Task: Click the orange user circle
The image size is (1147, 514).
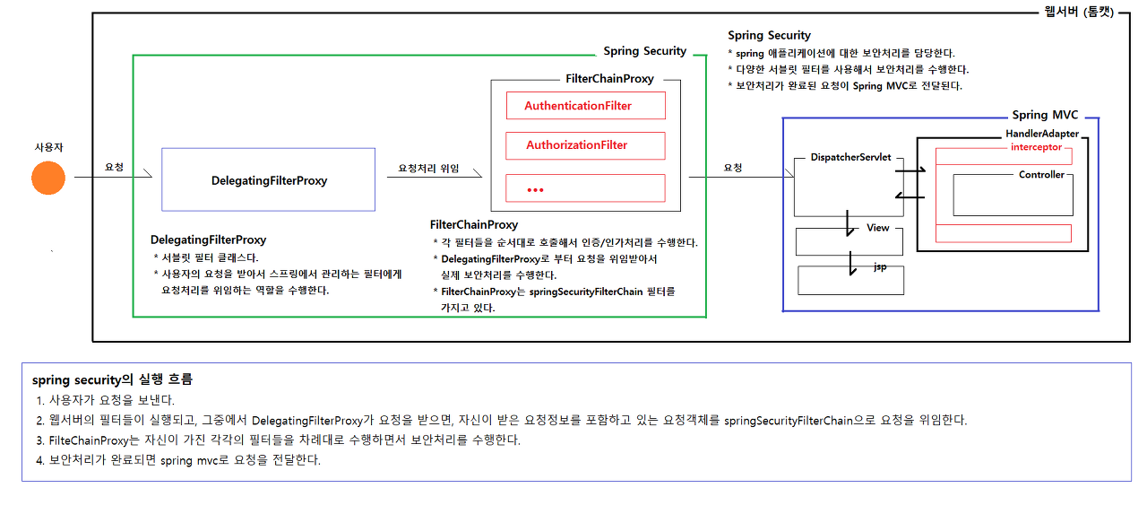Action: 48,179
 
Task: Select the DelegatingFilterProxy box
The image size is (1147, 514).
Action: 268,180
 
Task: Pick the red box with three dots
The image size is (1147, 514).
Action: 585,188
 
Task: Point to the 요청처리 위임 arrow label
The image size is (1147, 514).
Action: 428,168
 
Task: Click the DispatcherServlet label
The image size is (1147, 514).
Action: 850,157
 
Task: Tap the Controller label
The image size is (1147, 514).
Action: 1041,175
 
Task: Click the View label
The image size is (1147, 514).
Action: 877,228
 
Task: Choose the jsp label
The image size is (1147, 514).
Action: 880,267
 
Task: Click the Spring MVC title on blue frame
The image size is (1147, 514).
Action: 1045,115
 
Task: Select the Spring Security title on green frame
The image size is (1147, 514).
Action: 644,51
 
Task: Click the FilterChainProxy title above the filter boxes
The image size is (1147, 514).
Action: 609,79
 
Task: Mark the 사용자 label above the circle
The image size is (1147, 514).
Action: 48,145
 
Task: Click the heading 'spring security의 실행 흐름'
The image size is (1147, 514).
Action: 112,379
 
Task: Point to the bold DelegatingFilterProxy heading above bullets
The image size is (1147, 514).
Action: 208,240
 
